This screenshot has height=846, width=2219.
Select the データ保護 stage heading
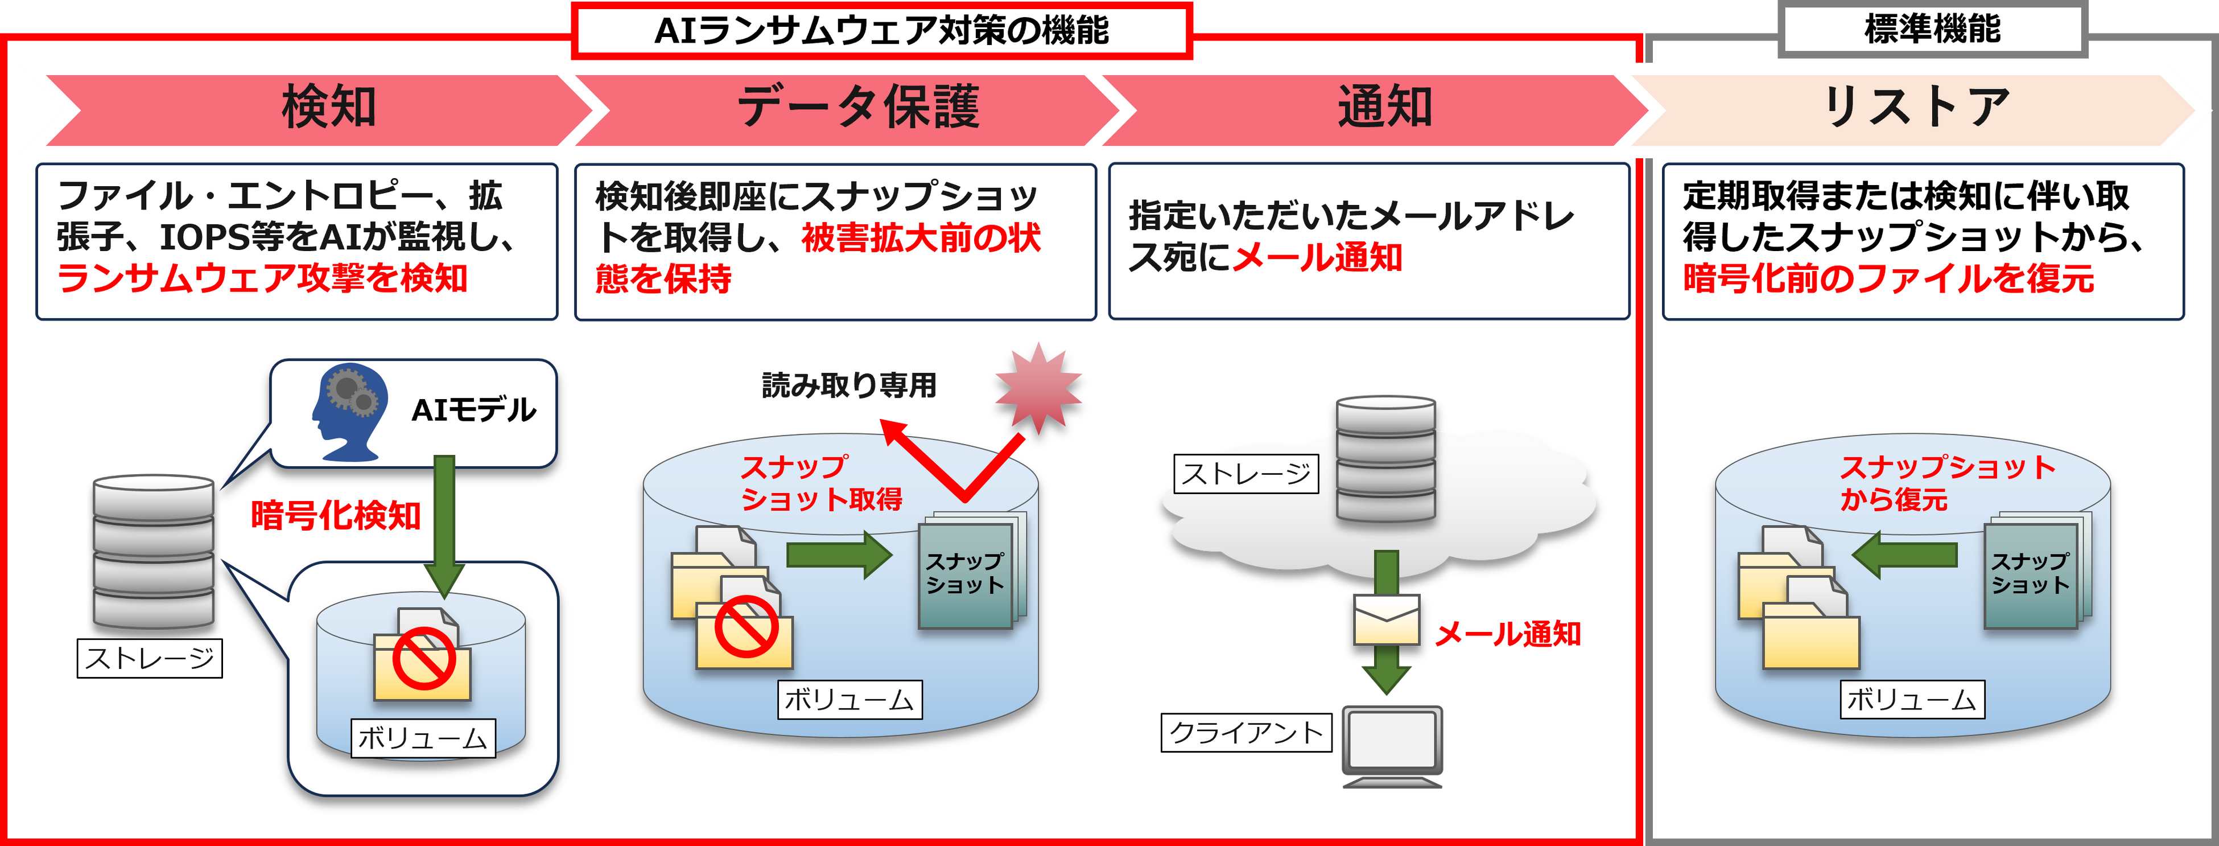(858, 108)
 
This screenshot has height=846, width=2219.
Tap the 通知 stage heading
(1384, 108)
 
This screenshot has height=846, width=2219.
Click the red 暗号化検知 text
(336, 516)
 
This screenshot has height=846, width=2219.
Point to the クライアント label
(1245, 733)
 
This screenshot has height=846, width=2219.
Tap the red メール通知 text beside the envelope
(1507, 635)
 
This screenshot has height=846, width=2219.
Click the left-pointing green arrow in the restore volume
(1904, 554)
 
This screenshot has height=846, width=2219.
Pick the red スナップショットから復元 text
(1947, 482)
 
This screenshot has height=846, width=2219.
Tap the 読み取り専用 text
(849, 385)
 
